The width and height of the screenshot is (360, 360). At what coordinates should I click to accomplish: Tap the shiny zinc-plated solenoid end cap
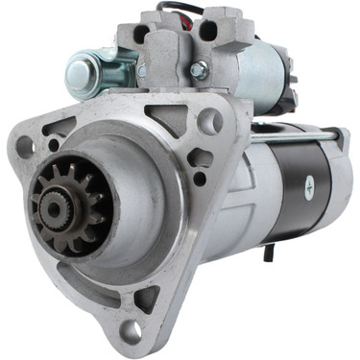[x=84, y=71]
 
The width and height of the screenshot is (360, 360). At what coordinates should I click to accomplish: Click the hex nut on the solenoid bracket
[x=199, y=70]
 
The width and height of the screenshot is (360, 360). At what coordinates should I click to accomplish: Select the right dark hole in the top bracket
[x=206, y=31]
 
